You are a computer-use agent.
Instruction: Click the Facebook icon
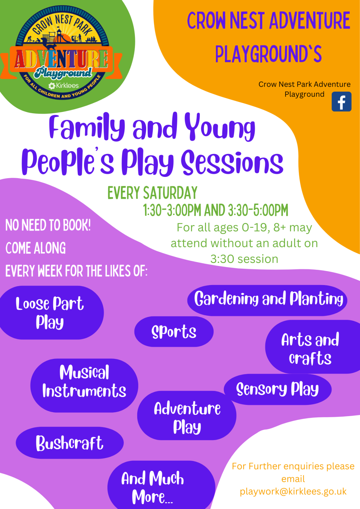pyautogui.click(x=341, y=101)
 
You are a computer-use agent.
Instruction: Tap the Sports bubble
pyautogui.click(x=174, y=331)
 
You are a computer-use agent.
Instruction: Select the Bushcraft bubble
pyautogui.click(x=70, y=443)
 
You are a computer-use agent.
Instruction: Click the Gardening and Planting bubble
pyautogui.click(x=267, y=300)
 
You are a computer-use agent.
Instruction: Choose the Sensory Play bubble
pyautogui.click(x=278, y=389)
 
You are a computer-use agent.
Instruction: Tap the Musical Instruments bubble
pyautogui.click(x=84, y=386)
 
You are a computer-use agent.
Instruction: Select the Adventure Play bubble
pyautogui.click(x=187, y=415)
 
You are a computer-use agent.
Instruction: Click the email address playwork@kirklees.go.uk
pyautogui.click(x=293, y=491)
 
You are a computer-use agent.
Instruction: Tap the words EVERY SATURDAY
pyautogui.click(x=152, y=193)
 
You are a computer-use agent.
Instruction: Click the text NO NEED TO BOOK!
pyautogui.click(x=48, y=225)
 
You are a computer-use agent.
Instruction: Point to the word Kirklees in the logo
pyautogui.click(x=67, y=86)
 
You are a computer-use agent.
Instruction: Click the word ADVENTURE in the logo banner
pyautogui.click(x=61, y=59)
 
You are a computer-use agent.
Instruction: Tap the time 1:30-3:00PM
pyautogui.click(x=172, y=210)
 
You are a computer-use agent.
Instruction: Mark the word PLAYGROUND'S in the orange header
pyautogui.click(x=268, y=54)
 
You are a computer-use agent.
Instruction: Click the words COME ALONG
pyautogui.click(x=36, y=248)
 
